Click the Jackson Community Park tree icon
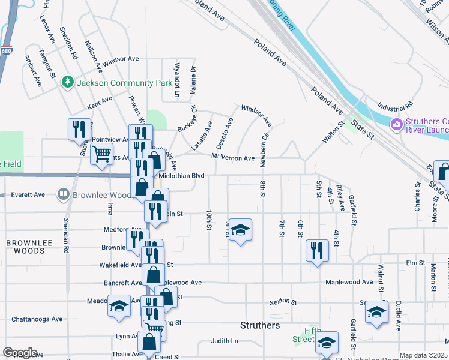pyautogui.click(x=68, y=81)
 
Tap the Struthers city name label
pyautogui.click(x=260, y=325)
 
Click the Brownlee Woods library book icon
pyautogui.click(x=63, y=194)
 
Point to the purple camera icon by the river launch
pyautogui.click(x=396, y=125)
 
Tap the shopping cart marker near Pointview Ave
pyautogui.click(x=101, y=154)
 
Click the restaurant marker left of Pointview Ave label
pyautogui.click(x=79, y=130)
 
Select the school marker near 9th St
pyautogui.click(x=240, y=230)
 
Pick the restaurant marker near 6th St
pyautogui.click(x=316, y=250)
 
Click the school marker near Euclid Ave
pyautogui.click(x=376, y=313)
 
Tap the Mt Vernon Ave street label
pyautogui.click(x=233, y=158)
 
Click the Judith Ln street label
pyautogui.click(x=224, y=341)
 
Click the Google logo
pyautogui.click(x=19, y=353)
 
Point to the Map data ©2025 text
pyautogui.click(x=423, y=355)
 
